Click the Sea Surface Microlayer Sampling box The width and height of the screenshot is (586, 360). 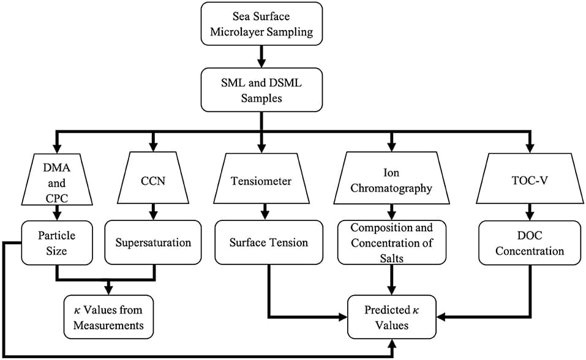pyautogui.click(x=262, y=23)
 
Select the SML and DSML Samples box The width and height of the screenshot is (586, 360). pyautogui.click(x=262, y=89)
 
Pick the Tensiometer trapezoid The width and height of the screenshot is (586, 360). pyautogui.click(x=262, y=181)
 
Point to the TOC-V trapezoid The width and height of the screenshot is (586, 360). pyautogui.click(x=528, y=181)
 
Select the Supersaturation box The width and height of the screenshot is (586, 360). pyautogui.click(x=153, y=242)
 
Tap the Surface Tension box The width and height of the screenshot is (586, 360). pyautogui.click(x=268, y=242)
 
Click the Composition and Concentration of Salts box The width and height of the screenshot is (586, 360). pyautogui.click(x=393, y=243)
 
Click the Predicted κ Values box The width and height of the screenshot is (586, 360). pyautogui.click(x=393, y=317)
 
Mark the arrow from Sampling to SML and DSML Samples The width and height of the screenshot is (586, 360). pyautogui.click(x=262, y=56)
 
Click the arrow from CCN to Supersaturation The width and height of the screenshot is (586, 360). pyautogui.click(x=153, y=212)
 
